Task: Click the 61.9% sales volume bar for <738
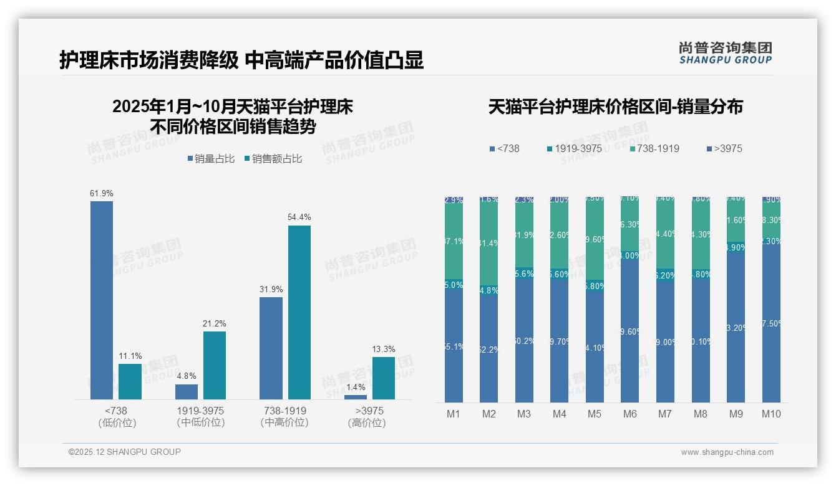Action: [102, 300]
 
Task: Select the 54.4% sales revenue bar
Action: [299, 312]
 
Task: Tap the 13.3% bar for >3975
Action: [384, 378]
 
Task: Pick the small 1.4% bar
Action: [356, 397]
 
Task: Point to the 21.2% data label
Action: [214, 323]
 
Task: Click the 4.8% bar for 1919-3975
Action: [187, 391]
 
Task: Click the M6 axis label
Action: [630, 414]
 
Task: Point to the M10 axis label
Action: [771, 414]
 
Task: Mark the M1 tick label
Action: [454, 414]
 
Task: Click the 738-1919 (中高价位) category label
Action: [284, 416]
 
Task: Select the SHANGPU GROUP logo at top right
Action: [725, 53]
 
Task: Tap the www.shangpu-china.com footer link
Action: [727, 452]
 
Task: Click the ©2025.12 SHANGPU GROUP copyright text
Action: [125, 452]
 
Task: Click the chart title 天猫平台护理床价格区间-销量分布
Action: [616, 107]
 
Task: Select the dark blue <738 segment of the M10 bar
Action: [771, 324]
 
